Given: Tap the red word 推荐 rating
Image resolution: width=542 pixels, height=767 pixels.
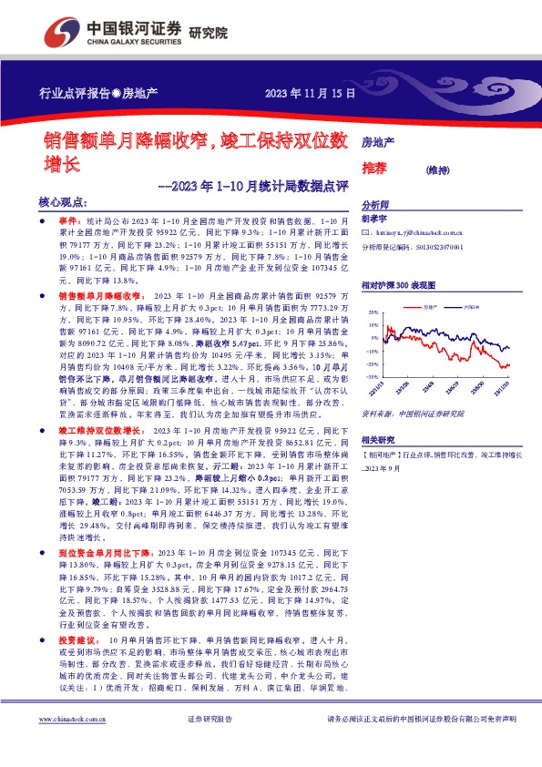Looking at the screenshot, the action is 374,169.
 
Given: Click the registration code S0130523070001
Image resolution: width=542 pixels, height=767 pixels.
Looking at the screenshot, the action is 437,246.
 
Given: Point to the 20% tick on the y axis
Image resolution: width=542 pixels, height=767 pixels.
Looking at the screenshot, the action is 373,312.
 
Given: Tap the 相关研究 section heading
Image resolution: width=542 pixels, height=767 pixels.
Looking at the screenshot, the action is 378,438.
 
